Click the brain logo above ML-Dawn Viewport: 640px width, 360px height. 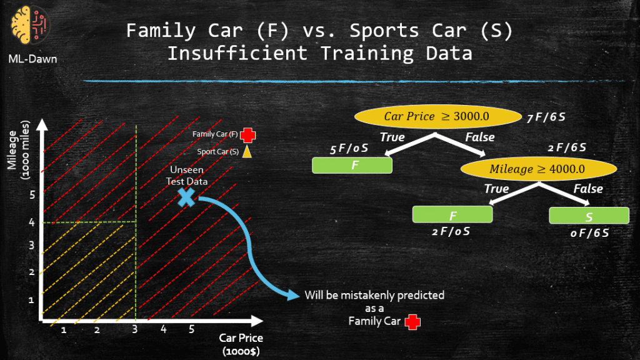click(29, 25)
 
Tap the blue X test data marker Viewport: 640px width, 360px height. click(186, 197)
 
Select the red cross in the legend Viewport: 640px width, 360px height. click(247, 135)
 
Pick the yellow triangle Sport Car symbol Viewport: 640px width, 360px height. click(247, 151)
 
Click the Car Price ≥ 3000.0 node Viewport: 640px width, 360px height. click(437, 117)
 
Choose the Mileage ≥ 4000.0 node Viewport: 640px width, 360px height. click(538, 169)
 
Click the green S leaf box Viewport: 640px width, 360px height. click(589, 216)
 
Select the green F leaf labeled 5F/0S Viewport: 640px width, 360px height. click(352, 165)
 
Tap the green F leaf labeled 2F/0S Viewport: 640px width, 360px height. click(452, 214)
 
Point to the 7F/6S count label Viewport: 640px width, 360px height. click(546, 117)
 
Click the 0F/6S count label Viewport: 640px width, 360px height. click(589, 233)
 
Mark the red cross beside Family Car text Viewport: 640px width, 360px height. click(412, 322)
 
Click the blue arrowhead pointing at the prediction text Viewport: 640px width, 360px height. click(294, 294)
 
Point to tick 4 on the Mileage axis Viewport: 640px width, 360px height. click(32, 222)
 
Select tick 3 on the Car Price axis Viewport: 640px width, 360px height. click(135, 329)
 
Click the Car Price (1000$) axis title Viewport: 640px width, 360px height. click(241, 344)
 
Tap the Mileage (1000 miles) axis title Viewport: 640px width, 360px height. click(18, 150)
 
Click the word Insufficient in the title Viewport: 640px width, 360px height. click(237, 54)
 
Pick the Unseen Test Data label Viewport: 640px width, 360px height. click(187, 176)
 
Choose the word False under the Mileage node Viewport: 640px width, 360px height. click(588, 189)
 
